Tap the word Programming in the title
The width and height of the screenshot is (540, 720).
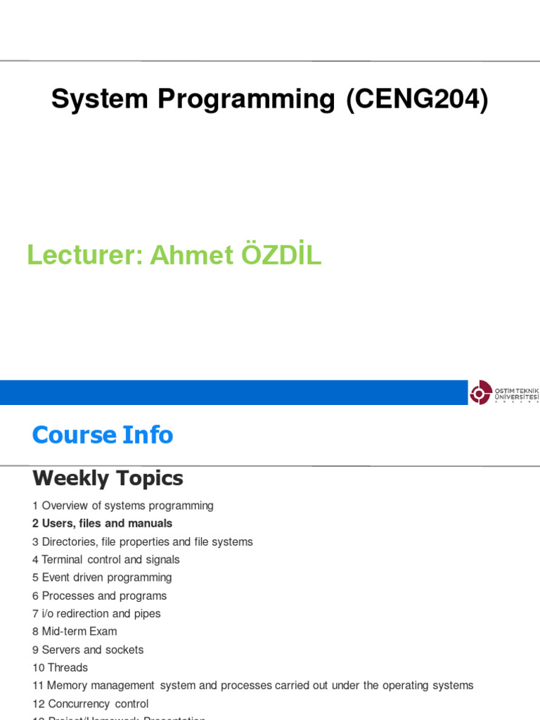click(x=246, y=100)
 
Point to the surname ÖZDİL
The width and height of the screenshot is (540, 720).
click(x=281, y=256)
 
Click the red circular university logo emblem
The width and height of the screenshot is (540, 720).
click(x=481, y=392)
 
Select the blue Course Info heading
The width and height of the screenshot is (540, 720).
click(x=103, y=435)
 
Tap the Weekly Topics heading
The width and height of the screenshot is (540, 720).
click(x=108, y=479)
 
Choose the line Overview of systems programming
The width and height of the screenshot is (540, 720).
click(x=127, y=506)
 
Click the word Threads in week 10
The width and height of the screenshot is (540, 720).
click(x=67, y=667)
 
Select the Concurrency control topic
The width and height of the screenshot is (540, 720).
click(x=95, y=704)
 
